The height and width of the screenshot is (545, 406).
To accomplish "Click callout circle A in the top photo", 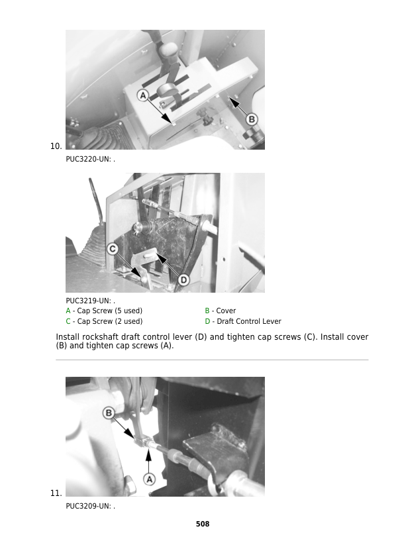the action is pos(143,95).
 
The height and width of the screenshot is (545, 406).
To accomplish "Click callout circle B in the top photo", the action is pos(252,120).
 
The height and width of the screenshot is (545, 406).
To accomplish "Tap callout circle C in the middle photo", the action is pos(113,249).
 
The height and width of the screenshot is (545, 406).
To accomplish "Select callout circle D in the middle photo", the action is pos(183,280).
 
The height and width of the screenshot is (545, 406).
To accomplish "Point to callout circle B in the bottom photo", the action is pos(109,413).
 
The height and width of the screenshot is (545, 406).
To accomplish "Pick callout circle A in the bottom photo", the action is pos(149,479).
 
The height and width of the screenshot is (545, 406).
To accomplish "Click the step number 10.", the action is pos(56,146).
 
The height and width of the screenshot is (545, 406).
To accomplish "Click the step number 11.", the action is pos(56,493).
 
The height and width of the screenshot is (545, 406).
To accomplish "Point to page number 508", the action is pos(203,524).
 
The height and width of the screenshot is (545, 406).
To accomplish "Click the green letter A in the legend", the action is pos(68,311).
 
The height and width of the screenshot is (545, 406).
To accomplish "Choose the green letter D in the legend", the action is pos(207,321).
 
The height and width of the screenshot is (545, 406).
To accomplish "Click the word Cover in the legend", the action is pos(226,311).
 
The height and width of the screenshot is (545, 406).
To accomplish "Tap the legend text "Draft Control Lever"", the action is pos(249,321).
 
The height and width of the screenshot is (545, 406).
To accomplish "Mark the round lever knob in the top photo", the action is pos(167,90).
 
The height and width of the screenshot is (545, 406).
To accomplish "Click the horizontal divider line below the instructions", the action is pos(212,360).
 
